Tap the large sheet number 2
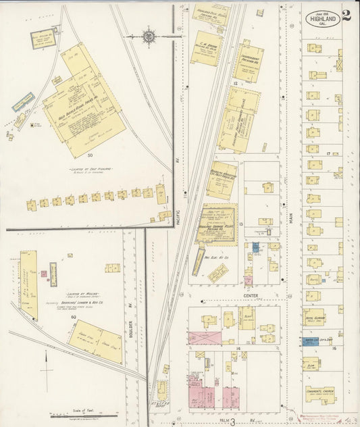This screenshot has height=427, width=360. click(346, 16)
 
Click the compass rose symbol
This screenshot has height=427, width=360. click(149, 36)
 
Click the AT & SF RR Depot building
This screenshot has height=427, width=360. click(161, 390)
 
